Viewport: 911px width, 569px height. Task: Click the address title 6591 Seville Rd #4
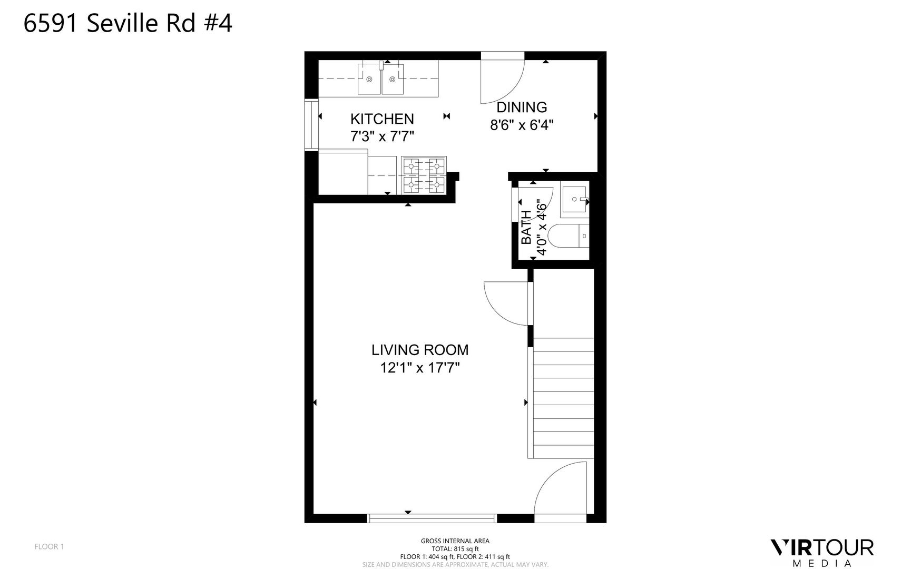pyautogui.click(x=128, y=24)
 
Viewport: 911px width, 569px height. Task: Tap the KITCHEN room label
pyautogui.click(x=382, y=119)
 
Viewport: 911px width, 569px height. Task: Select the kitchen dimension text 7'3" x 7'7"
pyautogui.click(x=382, y=137)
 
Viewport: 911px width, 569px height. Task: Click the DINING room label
pyautogui.click(x=522, y=107)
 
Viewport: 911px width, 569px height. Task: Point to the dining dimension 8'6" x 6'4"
pyautogui.click(x=522, y=125)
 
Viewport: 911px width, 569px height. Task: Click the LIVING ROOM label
pyautogui.click(x=420, y=350)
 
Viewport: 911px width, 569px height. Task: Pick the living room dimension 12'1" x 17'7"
pyautogui.click(x=420, y=368)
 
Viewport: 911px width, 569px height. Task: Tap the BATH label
pyautogui.click(x=526, y=228)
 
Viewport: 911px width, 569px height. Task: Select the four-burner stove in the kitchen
pyautogui.click(x=424, y=175)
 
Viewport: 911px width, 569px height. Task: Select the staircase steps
pyautogui.click(x=563, y=398)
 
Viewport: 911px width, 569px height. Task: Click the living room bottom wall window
pyautogui.click(x=432, y=518)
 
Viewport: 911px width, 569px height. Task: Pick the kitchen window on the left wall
pyautogui.click(x=312, y=125)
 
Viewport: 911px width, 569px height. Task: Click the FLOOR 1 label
pyautogui.click(x=50, y=546)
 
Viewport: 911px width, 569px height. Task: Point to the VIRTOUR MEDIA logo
pyautogui.click(x=822, y=553)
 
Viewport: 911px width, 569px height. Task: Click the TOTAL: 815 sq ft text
pyautogui.click(x=455, y=548)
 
